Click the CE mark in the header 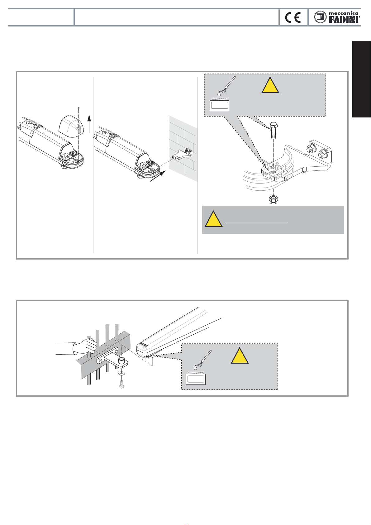tap(293, 17)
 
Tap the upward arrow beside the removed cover tap(89, 123)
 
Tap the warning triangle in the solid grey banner tap(213, 219)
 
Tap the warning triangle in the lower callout tap(240, 356)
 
